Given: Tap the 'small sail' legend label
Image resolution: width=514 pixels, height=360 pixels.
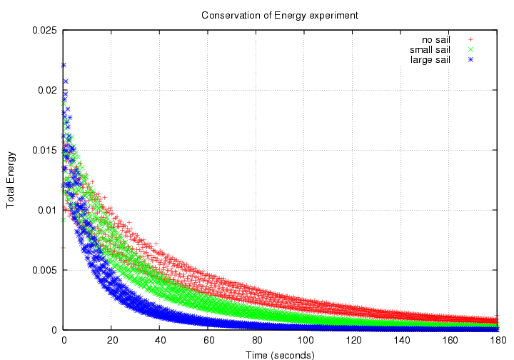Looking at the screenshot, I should (x=430, y=49).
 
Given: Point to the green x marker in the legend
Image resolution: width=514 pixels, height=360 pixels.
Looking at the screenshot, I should (x=470, y=49).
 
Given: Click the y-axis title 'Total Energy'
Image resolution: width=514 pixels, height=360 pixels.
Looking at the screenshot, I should (x=11, y=180).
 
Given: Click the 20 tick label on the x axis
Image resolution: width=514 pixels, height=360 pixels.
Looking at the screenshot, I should (x=111, y=340).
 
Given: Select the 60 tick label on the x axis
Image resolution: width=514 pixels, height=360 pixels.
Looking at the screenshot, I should (x=208, y=340).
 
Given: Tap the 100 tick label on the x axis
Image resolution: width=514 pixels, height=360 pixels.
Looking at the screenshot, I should (x=305, y=340).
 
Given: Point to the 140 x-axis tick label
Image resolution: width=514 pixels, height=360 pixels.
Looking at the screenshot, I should (x=401, y=340).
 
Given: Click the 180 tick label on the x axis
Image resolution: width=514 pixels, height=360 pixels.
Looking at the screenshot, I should (x=498, y=340).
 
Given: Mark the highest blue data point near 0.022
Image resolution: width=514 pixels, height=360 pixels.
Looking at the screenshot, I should (x=64, y=65).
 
